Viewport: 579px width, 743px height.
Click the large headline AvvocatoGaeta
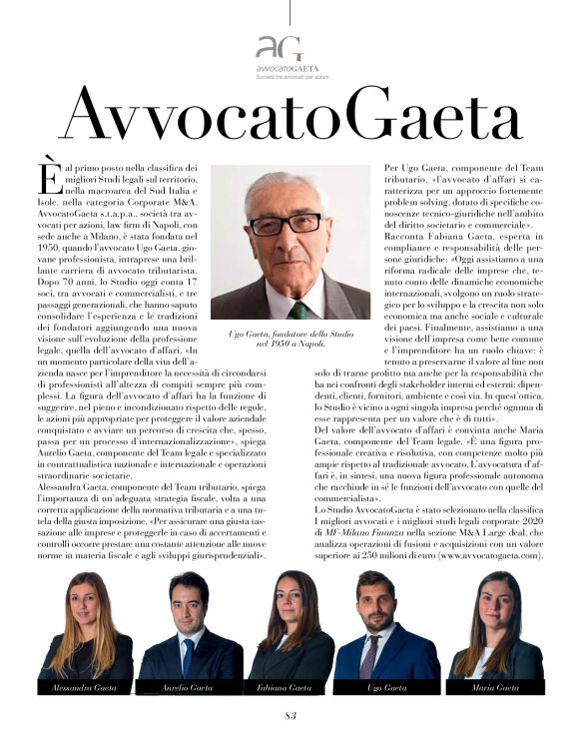tap(289, 113)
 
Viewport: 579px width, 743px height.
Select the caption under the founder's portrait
tap(289, 338)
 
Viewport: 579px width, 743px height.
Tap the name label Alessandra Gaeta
tap(71, 689)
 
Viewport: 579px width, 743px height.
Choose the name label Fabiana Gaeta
tap(289, 689)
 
